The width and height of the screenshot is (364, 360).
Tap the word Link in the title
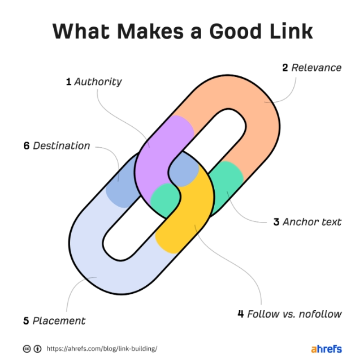point(292,31)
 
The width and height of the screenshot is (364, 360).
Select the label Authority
point(98,82)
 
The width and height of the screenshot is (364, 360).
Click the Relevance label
point(317,68)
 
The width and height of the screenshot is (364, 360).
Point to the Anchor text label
point(312,222)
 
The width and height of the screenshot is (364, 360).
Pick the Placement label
point(59,321)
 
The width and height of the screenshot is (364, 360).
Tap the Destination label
point(61,145)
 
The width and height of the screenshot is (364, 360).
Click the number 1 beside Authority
point(69,82)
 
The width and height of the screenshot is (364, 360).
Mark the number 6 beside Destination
point(27,145)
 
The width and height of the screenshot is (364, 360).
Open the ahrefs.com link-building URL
point(101,349)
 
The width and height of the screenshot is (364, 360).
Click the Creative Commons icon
point(27,349)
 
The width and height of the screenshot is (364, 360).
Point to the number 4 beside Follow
point(241,314)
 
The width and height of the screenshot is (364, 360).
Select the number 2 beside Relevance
point(285,68)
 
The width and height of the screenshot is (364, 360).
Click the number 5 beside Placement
point(26,321)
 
